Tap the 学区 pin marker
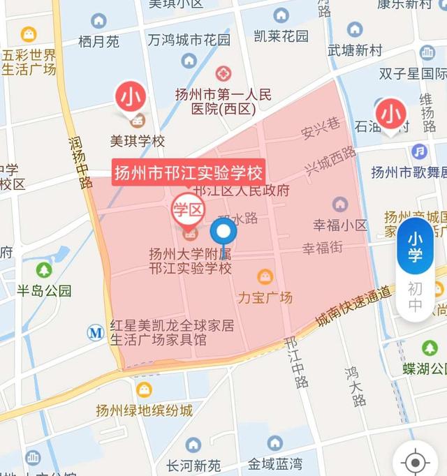click(x=188, y=208)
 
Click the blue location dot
click(x=223, y=232)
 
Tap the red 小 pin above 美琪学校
click(x=131, y=98)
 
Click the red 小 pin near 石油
click(x=390, y=113)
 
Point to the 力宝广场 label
click(x=265, y=297)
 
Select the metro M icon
click(x=96, y=332)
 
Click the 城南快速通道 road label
click(x=353, y=305)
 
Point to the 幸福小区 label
click(x=340, y=225)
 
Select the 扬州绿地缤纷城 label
click(x=144, y=410)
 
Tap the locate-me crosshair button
click(x=416, y=461)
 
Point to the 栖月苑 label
click(x=98, y=42)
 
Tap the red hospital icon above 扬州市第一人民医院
click(x=223, y=73)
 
